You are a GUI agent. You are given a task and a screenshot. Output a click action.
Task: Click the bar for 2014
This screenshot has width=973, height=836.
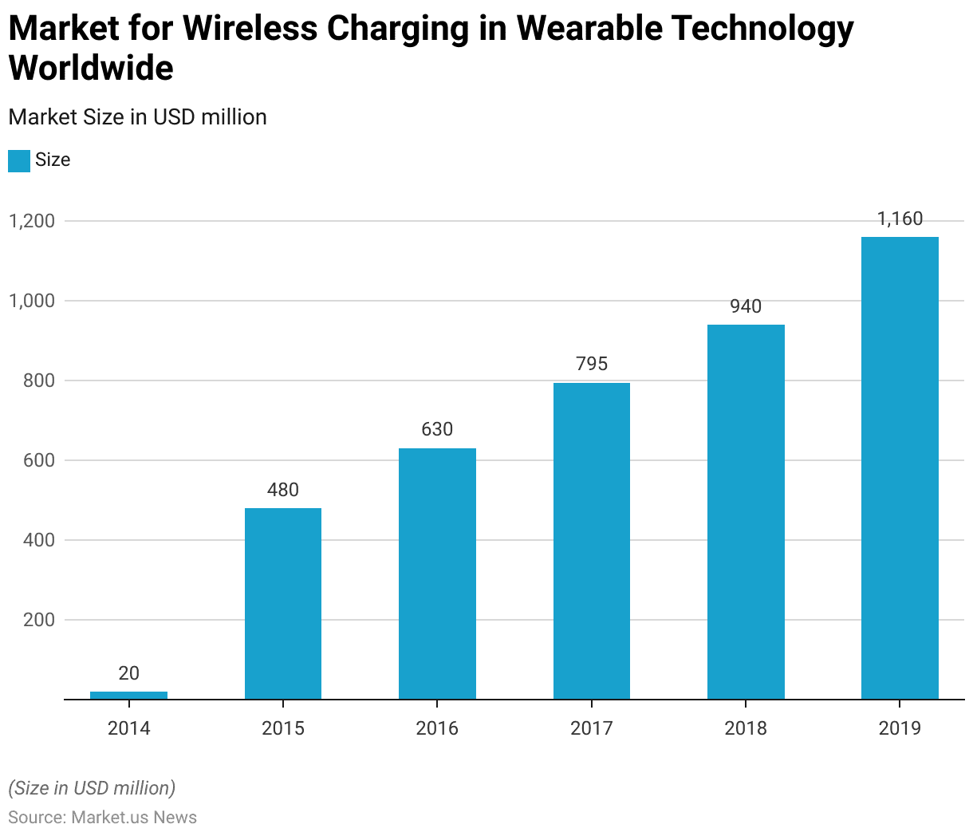pos(128,695)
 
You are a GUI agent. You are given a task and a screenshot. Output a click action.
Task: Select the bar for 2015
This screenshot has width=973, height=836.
pos(283,604)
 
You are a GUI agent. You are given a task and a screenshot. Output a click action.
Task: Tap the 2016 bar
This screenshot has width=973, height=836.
pos(437,574)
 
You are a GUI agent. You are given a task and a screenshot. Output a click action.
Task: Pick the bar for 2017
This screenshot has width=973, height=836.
pos(592,541)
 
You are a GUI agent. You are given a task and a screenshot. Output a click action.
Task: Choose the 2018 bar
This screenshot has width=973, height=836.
pos(746,512)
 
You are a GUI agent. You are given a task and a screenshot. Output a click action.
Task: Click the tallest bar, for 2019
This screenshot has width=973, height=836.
pos(900,468)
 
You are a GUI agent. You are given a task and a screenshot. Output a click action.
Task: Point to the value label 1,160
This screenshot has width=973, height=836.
pos(900,219)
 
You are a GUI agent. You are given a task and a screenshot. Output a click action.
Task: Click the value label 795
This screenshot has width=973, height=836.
pos(592,365)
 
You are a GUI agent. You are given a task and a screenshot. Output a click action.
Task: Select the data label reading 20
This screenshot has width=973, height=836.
pos(128,674)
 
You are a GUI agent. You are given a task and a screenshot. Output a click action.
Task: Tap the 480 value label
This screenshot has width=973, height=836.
pos(283,490)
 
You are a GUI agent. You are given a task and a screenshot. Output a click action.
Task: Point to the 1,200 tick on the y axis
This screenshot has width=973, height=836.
pos(32,221)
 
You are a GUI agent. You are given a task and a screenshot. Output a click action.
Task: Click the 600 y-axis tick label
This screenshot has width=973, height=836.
pos(38,460)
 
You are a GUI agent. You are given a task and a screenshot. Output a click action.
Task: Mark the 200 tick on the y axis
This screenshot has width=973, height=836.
pos(38,620)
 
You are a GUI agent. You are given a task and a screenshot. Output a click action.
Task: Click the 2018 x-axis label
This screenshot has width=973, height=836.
pos(746,728)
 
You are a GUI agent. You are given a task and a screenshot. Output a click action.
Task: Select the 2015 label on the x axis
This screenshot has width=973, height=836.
pos(283,728)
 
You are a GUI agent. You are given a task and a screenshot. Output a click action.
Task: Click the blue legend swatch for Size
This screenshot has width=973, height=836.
pos(19,160)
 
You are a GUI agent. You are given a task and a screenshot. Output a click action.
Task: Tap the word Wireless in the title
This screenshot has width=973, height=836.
pos(251,29)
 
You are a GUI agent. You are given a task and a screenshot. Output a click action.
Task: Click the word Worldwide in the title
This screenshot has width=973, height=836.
pos(91,69)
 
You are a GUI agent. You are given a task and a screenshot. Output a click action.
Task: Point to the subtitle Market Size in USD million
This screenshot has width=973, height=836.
pos(137,117)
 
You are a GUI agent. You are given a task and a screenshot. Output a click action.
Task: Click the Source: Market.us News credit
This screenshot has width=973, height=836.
pos(102,818)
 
